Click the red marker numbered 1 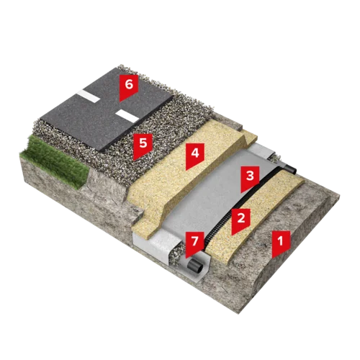coord(281,243)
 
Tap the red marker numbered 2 coord(240,221)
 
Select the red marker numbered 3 coord(250,179)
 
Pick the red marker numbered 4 coord(195,156)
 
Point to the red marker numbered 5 coord(143,146)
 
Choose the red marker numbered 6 coord(129,87)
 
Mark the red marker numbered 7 coord(194,244)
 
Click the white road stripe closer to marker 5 coord(127,115)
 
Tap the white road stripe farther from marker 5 coord(91,95)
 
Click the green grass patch coord(55,161)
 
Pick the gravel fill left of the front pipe coord(177,254)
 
